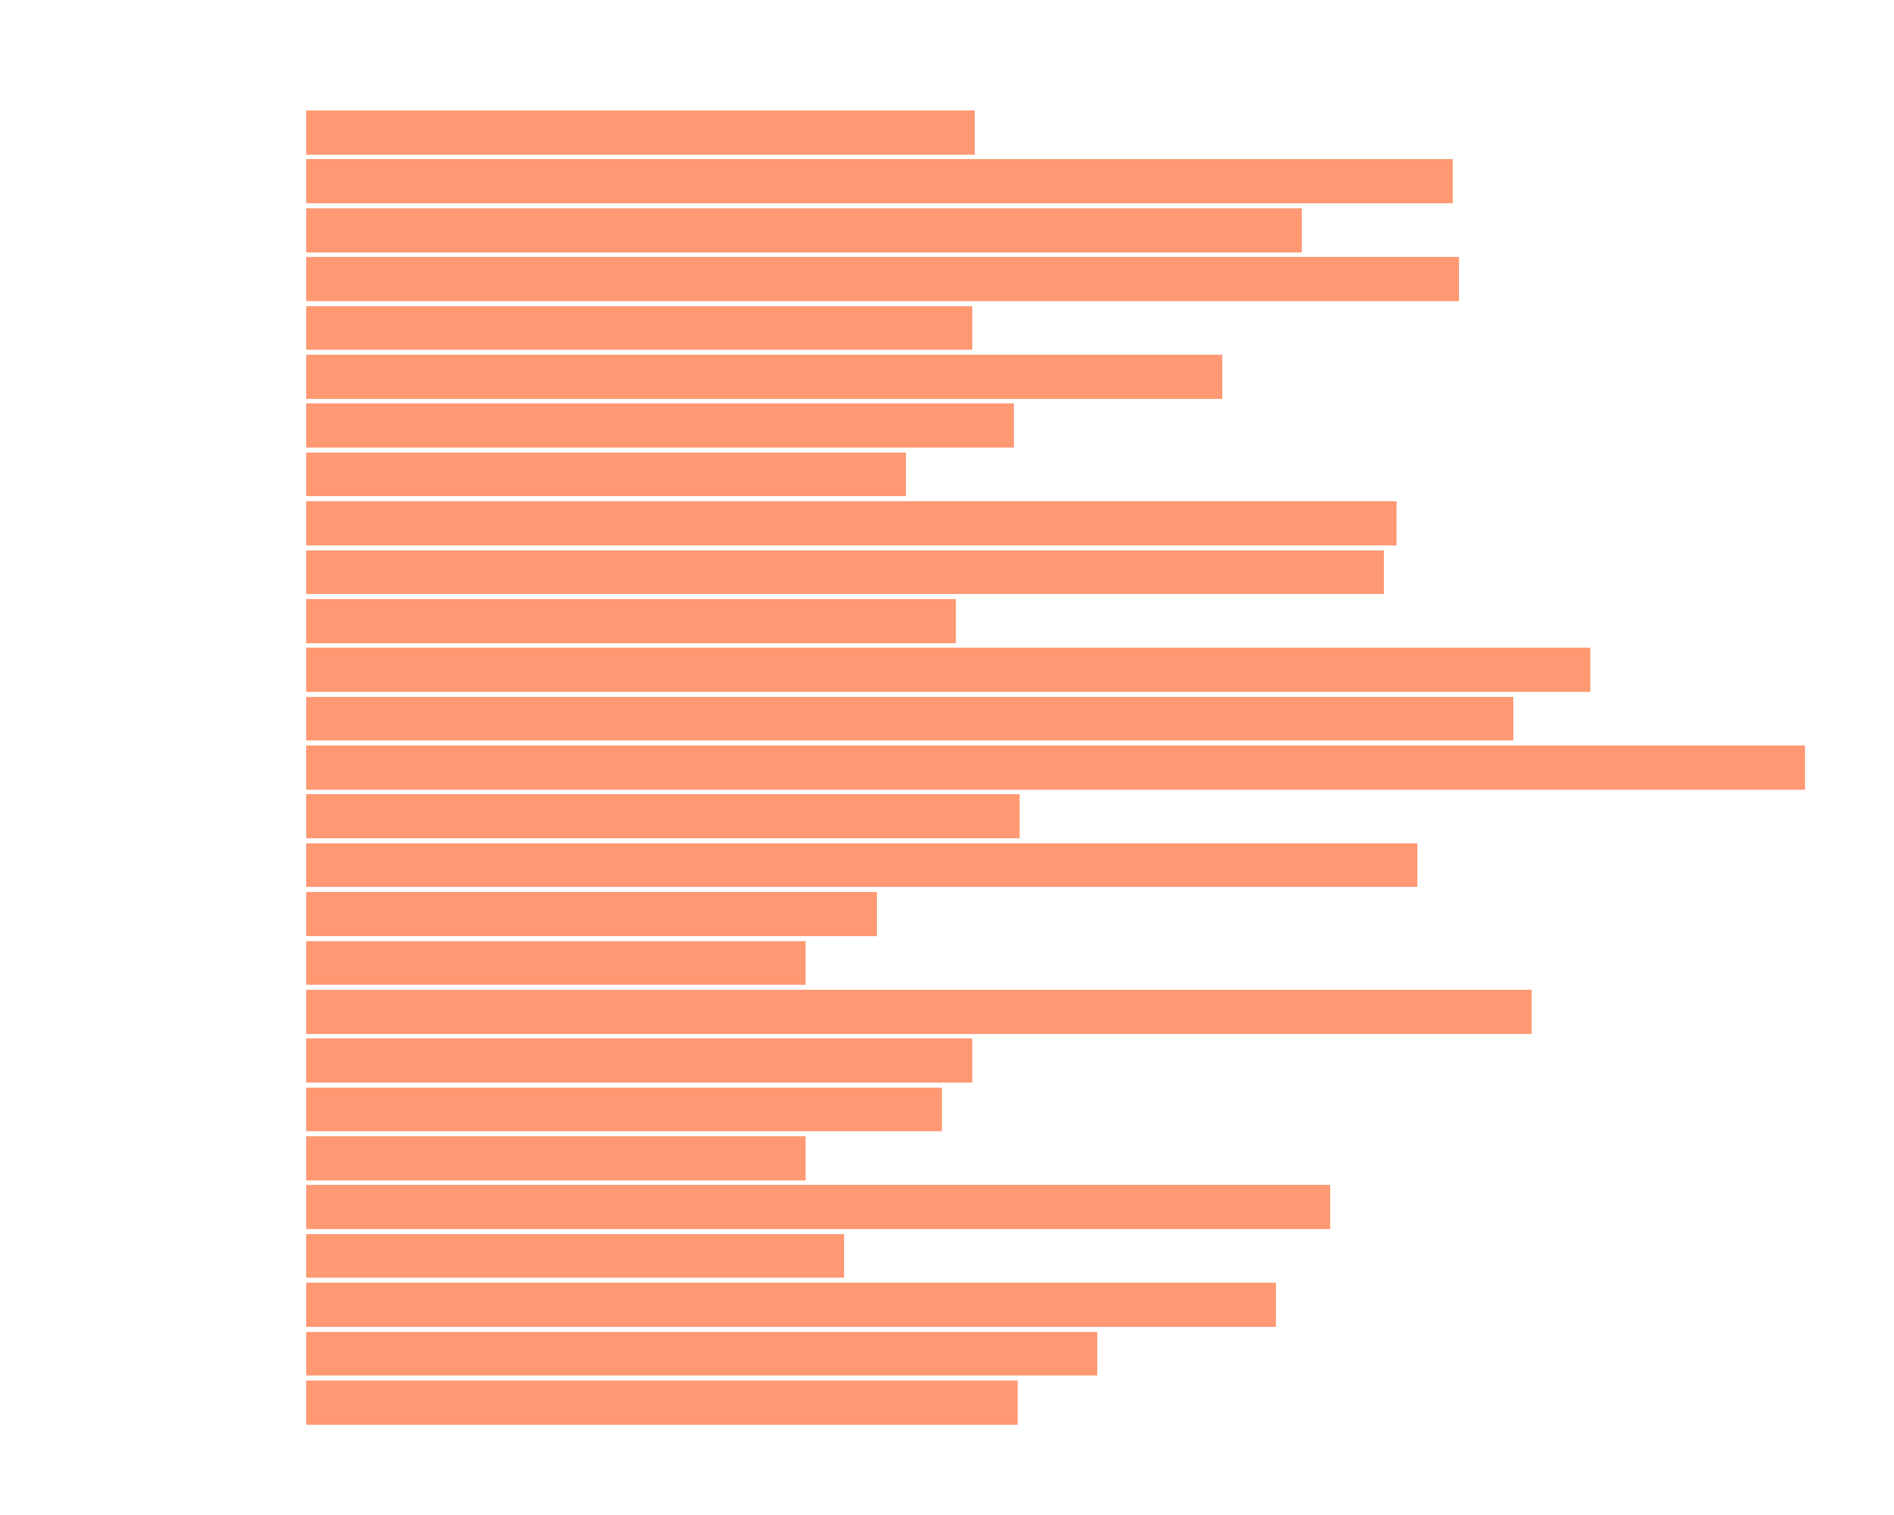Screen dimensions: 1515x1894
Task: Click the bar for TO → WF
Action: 1054,768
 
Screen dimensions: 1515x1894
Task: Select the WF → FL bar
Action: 947,670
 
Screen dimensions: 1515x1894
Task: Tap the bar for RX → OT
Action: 555,963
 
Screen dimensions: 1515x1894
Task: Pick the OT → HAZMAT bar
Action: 555,1158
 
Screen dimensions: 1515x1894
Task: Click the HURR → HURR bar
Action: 575,1256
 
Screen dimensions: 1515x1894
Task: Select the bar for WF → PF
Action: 605,474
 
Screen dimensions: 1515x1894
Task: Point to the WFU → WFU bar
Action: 640,133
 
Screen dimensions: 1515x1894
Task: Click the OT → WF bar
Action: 918,1012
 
